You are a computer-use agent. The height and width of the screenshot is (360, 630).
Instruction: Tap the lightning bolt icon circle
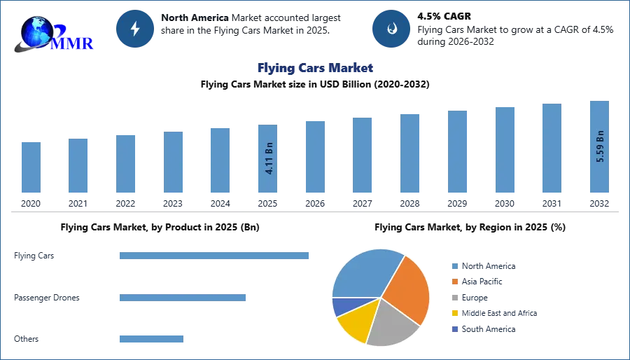(135, 29)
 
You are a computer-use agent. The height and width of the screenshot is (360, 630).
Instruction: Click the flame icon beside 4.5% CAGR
(391, 29)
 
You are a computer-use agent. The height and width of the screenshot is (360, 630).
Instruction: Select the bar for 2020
(31, 167)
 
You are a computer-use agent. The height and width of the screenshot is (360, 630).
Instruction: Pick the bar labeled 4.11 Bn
(267, 159)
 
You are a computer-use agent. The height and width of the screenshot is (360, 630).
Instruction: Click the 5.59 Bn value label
(600, 146)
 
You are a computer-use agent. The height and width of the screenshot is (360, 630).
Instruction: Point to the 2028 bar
(409, 153)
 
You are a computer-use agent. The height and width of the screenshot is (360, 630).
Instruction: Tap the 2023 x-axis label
(173, 204)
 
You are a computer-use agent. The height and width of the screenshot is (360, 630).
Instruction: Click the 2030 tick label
(505, 204)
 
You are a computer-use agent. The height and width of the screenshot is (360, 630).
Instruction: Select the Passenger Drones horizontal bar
(183, 298)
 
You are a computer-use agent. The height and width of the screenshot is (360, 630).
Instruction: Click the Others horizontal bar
(151, 339)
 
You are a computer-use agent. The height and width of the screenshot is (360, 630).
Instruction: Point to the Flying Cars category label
(34, 256)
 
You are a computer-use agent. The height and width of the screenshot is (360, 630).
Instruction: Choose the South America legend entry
(484, 329)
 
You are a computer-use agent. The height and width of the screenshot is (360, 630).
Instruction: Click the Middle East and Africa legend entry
(495, 313)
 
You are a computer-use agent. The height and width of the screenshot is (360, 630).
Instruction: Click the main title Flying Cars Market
(316, 68)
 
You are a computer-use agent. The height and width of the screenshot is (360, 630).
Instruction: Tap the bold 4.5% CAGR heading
(444, 17)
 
